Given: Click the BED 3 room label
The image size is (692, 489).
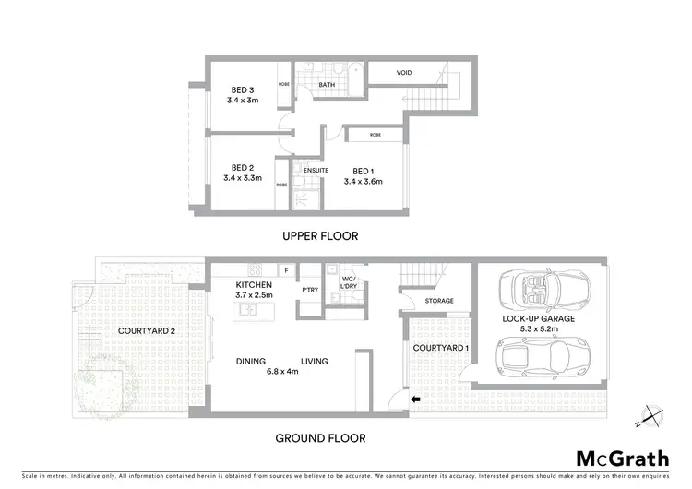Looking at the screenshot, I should [x=243, y=89].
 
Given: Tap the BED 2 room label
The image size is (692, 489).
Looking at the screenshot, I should [x=243, y=168].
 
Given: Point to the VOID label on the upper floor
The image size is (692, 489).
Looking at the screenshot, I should [x=404, y=72].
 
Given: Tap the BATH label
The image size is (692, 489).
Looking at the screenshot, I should [x=327, y=85].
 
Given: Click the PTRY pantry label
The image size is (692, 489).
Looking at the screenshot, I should [x=310, y=289].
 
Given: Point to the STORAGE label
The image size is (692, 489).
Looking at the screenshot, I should [x=438, y=301].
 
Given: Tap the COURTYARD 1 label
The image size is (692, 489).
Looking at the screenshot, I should [x=435, y=347].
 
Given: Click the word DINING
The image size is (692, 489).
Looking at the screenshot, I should [x=250, y=361].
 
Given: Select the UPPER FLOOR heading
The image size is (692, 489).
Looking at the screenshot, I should [x=319, y=236].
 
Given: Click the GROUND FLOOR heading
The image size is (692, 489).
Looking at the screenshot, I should [x=320, y=438].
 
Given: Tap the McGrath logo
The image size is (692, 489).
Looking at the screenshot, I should [x=623, y=458].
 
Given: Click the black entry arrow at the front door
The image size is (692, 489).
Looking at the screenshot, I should [x=414, y=400].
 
